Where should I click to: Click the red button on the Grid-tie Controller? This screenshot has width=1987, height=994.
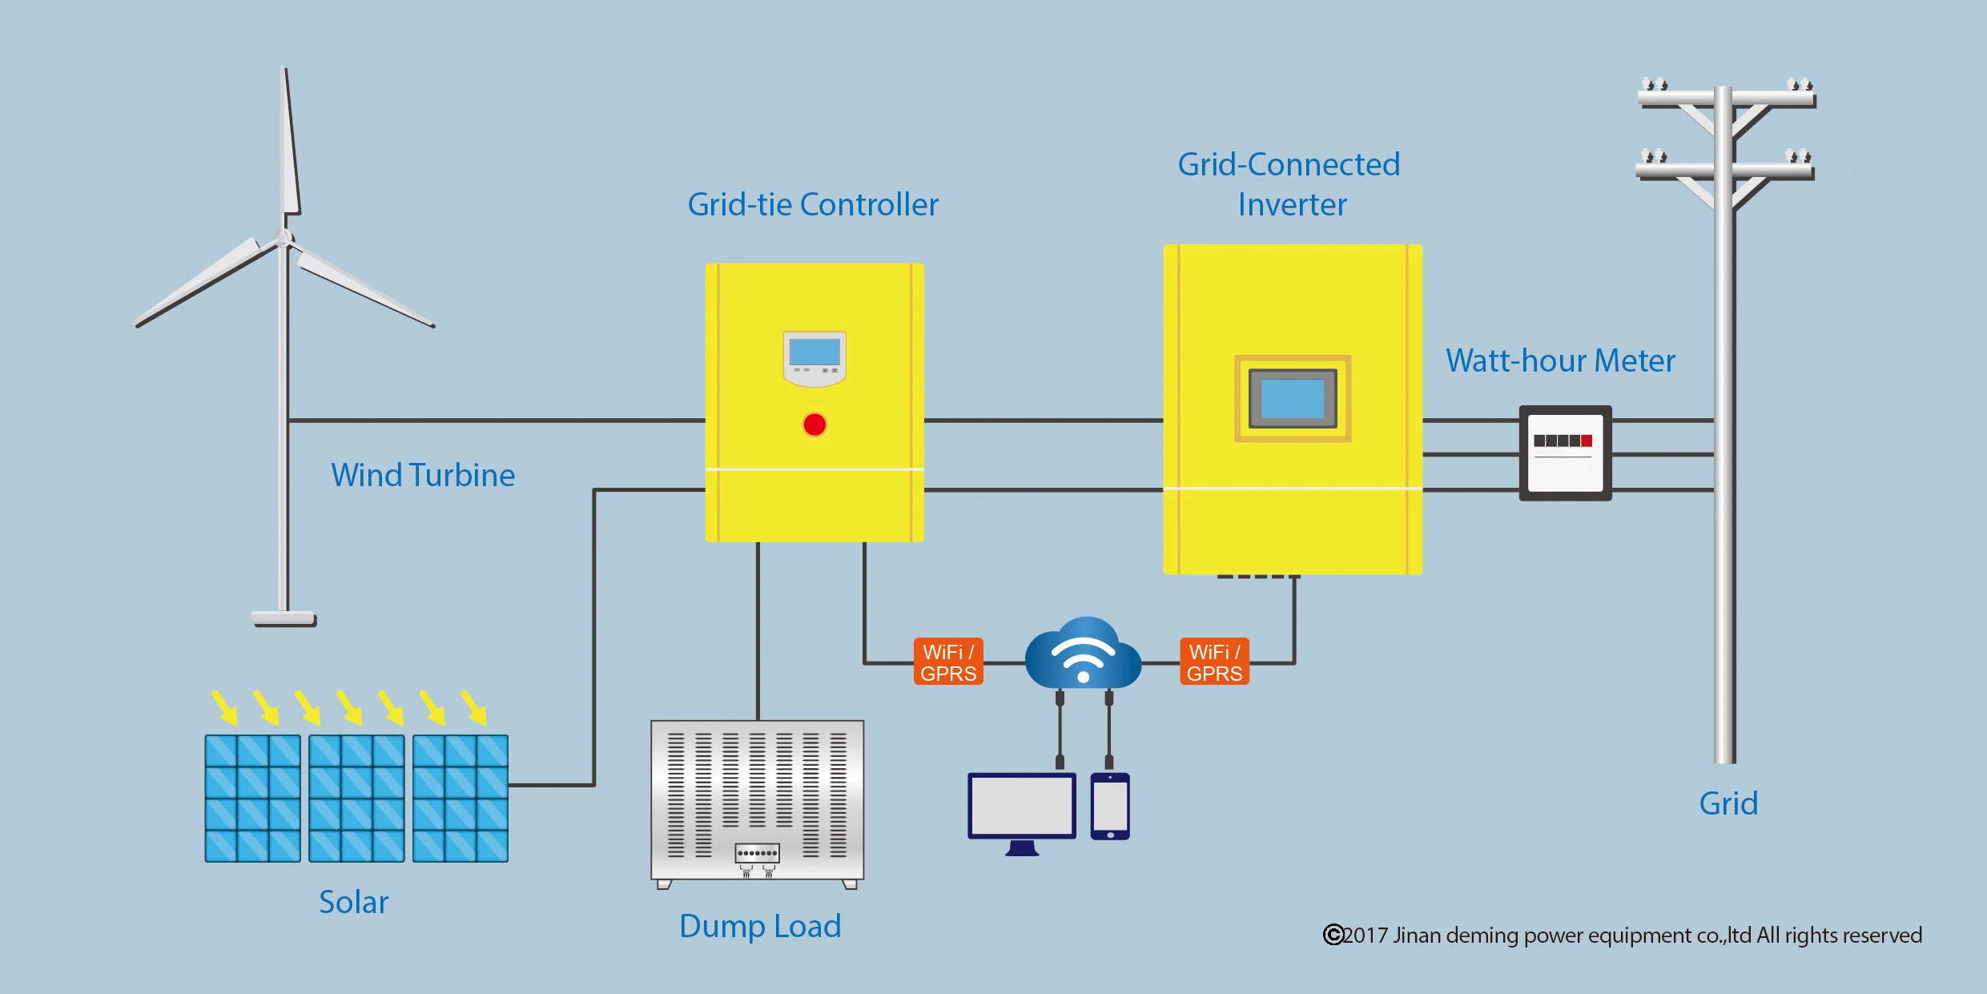tap(815, 425)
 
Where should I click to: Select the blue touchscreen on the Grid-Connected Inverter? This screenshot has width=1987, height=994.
tap(1293, 398)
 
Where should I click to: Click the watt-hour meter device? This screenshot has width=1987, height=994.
tap(1565, 453)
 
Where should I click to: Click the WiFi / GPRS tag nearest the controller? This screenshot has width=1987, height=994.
tap(948, 662)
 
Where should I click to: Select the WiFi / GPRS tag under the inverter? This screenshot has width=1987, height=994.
tap(1214, 662)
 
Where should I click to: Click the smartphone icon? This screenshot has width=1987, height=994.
tap(1110, 807)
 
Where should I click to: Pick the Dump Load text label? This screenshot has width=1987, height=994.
tap(760, 926)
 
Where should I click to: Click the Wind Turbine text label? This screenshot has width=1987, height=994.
tap(423, 475)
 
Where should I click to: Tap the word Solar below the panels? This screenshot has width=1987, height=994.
tap(353, 902)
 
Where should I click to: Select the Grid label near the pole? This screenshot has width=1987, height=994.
tap(1728, 803)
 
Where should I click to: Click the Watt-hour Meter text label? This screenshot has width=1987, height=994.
tap(1560, 360)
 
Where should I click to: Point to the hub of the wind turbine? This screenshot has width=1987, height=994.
tap(284, 238)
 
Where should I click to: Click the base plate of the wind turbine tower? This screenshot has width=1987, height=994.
tap(284, 618)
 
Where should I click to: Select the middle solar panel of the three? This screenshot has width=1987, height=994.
tap(356, 799)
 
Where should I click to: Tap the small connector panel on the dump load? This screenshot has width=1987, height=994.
tap(757, 853)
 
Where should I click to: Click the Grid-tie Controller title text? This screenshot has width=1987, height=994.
tap(812, 204)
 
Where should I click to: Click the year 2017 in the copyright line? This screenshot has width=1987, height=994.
tap(1366, 936)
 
